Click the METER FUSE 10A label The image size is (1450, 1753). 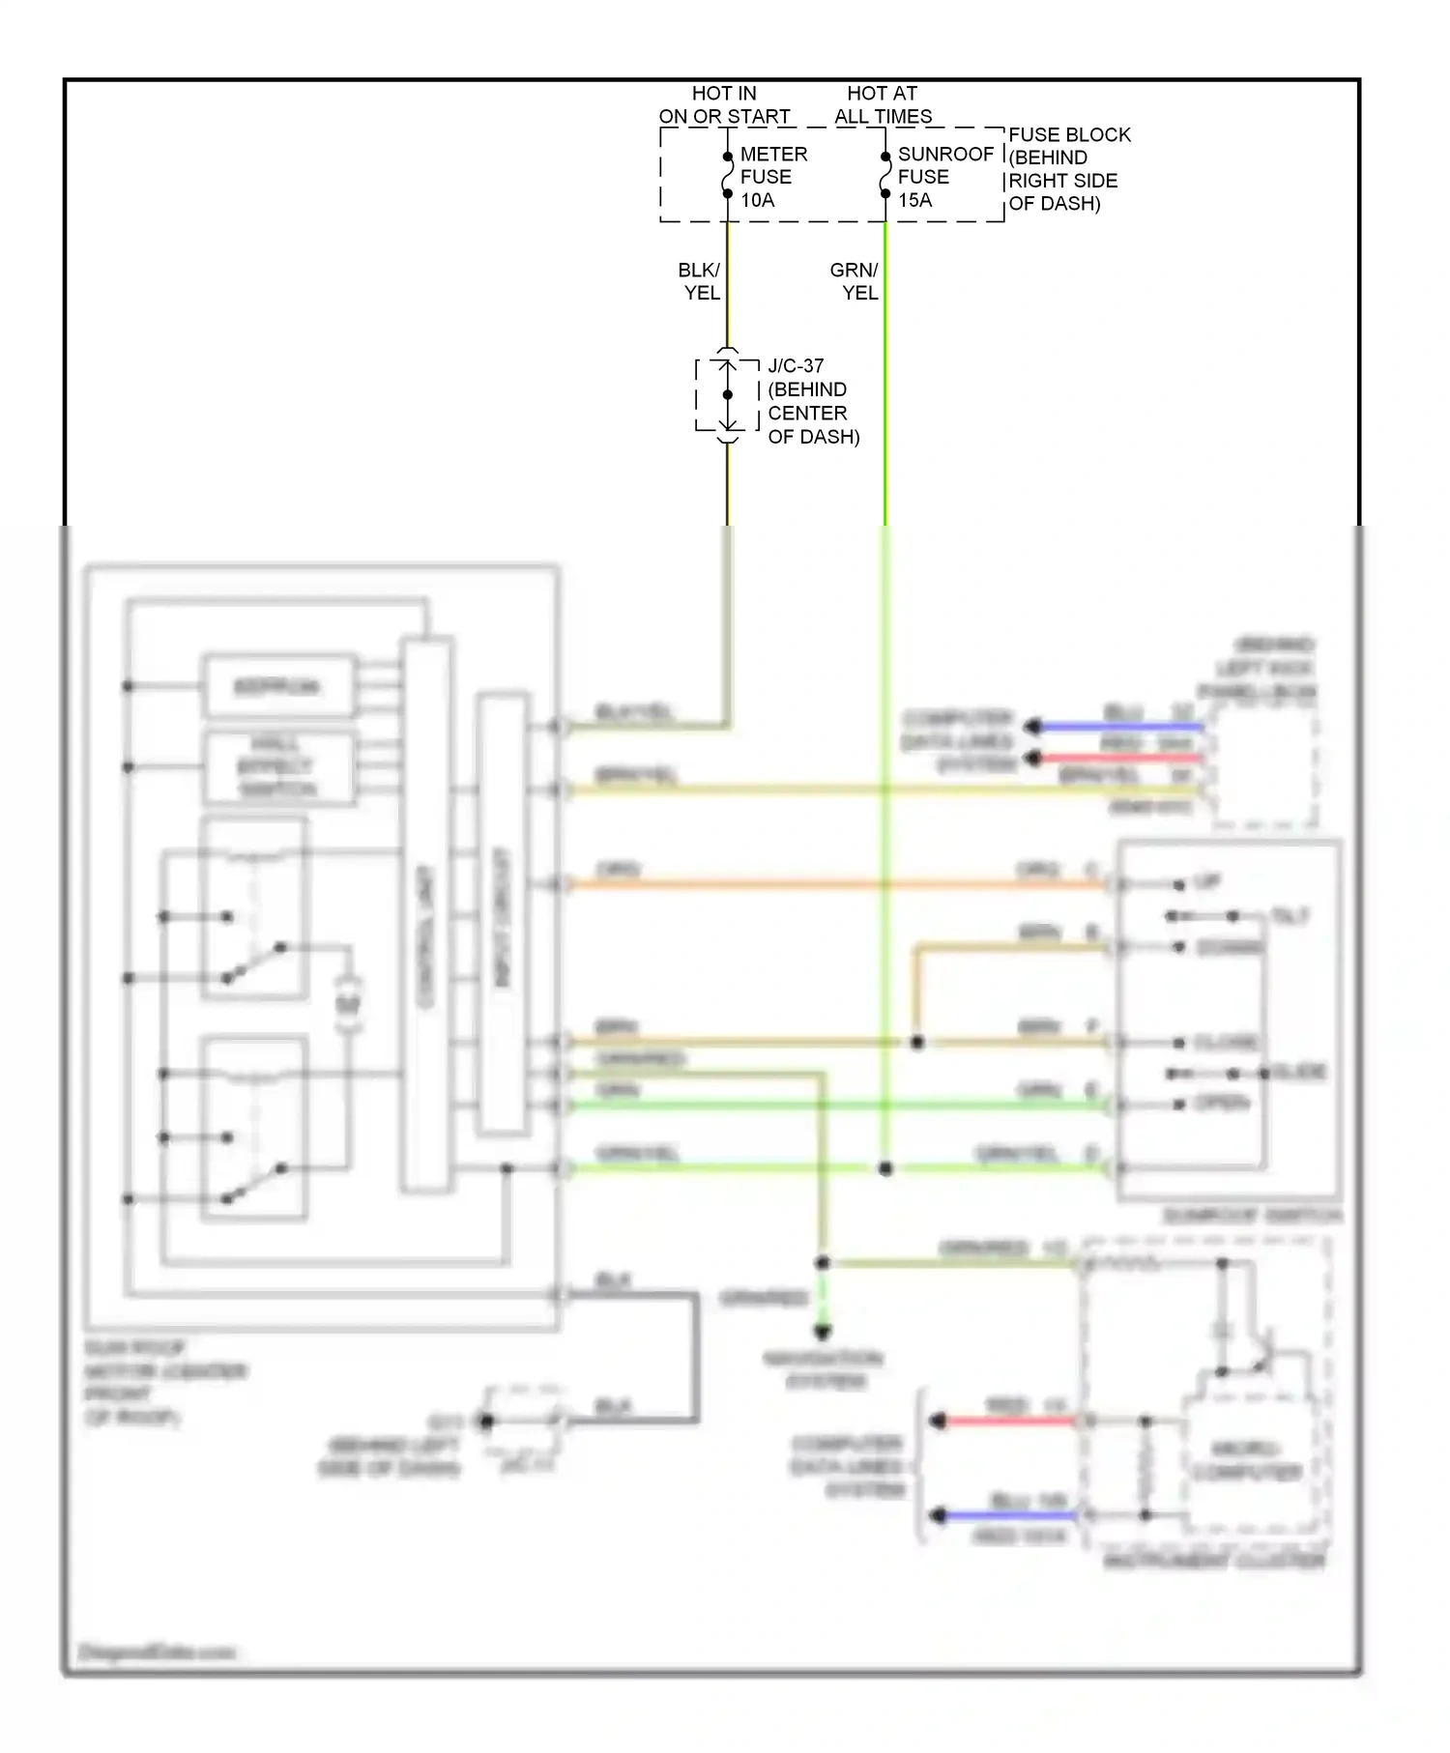[x=772, y=177]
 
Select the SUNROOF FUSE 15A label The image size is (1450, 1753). [x=943, y=177]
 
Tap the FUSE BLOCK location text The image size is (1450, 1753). [x=1067, y=169]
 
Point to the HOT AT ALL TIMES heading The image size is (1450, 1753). [x=883, y=104]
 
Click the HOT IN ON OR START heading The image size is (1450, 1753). [x=724, y=104]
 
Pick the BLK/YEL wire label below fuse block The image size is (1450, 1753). [x=700, y=281]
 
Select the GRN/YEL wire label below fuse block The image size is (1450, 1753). [x=855, y=281]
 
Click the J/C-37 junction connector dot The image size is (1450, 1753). [x=728, y=394]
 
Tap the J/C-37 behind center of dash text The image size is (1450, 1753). [x=812, y=401]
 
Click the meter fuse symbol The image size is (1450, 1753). [x=727, y=175]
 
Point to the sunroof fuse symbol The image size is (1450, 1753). [x=884, y=175]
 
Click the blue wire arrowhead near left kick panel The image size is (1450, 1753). [x=1033, y=727]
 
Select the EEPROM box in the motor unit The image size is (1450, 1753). [x=277, y=687]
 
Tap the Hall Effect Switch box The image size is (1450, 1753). [x=277, y=767]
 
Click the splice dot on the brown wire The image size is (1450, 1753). [x=917, y=1042]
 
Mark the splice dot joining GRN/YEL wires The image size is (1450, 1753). [x=884, y=1168]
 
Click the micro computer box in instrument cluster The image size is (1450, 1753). [x=1247, y=1460]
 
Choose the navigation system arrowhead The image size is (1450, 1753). [x=822, y=1333]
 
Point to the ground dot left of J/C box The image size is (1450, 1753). [x=486, y=1421]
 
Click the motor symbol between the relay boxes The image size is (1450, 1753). [x=348, y=1005]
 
